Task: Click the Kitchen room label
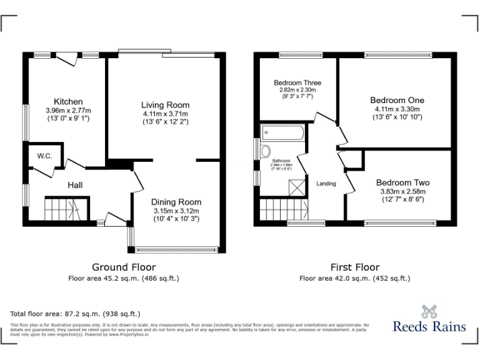(x=68, y=102)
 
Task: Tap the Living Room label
(x=164, y=104)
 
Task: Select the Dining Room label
(x=176, y=202)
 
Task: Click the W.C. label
(x=44, y=156)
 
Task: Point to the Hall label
(x=75, y=185)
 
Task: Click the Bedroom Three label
(x=297, y=82)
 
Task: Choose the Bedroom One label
(x=397, y=100)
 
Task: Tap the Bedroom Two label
(x=402, y=182)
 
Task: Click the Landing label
(x=326, y=184)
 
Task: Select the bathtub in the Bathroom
(x=283, y=133)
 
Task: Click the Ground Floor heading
(x=124, y=267)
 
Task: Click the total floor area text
(x=76, y=313)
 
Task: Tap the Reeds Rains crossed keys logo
(x=426, y=311)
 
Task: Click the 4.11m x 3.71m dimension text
(x=164, y=114)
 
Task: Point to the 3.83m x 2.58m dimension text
(x=402, y=192)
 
